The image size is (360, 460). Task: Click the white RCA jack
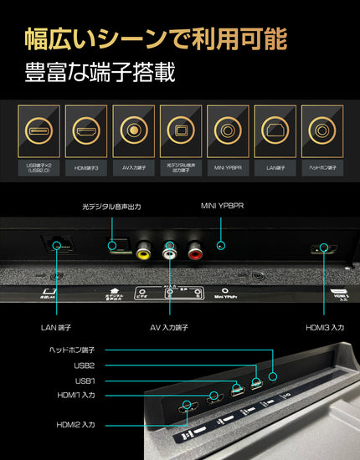coord(171,248)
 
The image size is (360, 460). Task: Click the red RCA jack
coord(198,248)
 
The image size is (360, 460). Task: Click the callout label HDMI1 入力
coord(75,395)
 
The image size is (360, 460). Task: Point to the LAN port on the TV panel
coord(57,245)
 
